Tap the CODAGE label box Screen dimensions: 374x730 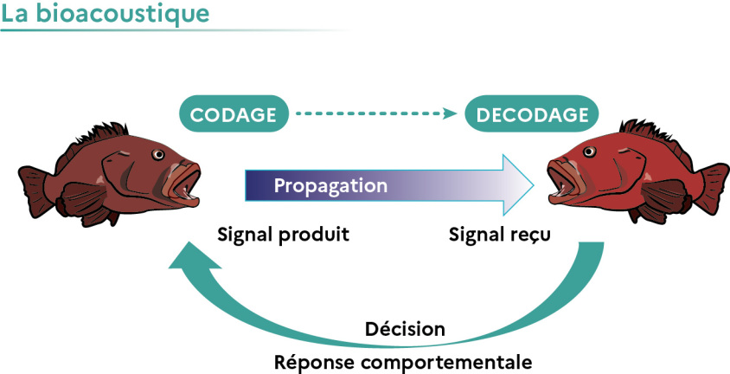(233, 114)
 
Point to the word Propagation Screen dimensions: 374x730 (330, 186)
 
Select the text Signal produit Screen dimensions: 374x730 (284, 235)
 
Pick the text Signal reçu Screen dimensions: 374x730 (499, 235)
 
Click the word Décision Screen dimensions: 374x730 (405, 330)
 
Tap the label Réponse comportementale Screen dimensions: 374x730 (402, 360)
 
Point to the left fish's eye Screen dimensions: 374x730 (158, 155)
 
